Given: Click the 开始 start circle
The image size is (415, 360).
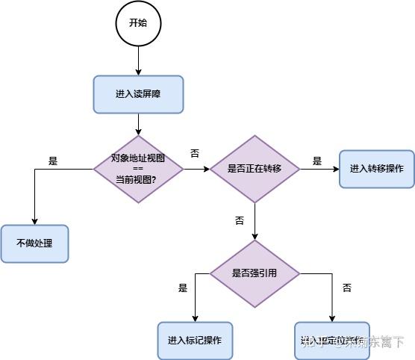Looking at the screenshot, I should (x=138, y=23).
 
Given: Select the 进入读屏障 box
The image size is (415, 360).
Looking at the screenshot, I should (x=138, y=94).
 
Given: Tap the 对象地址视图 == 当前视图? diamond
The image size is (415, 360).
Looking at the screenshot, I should (x=138, y=169).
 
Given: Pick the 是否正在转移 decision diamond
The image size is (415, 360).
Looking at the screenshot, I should (x=255, y=169).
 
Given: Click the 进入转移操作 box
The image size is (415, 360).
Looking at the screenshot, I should (x=376, y=169).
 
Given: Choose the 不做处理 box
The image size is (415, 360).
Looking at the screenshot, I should (x=34, y=243).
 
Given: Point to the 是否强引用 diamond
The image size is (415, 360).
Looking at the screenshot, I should (x=255, y=273).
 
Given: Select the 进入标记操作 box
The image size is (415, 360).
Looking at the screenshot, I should (x=195, y=341).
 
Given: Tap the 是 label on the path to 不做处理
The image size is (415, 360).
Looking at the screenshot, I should (x=53, y=161).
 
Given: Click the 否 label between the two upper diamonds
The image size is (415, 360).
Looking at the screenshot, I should (x=195, y=153).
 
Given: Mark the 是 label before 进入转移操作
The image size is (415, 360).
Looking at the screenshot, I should (x=316, y=161).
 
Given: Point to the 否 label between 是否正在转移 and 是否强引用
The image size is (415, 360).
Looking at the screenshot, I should (x=240, y=221).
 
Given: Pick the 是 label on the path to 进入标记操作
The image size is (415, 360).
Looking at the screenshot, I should (x=183, y=288).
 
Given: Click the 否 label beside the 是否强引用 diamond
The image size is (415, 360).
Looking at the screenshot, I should (x=346, y=288).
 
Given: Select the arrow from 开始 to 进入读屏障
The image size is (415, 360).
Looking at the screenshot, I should (x=138, y=60).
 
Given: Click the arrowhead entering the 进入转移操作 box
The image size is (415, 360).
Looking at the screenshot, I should (x=335, y=169).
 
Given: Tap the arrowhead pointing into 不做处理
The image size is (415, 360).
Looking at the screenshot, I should (x=34, y=221).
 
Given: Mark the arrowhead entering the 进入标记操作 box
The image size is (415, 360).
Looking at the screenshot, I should (x=195, y=318).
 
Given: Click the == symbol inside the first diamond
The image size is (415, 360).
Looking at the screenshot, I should (x=138, y=169).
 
